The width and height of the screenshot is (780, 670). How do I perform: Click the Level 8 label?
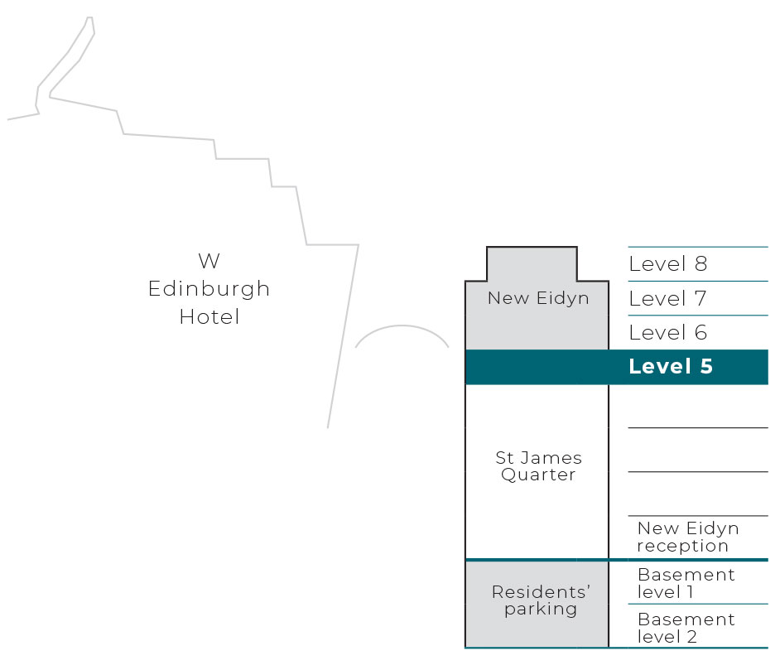click(667, 263)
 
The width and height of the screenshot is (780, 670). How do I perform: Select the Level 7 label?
click(667, 298)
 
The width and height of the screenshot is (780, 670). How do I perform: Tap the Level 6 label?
click(667, 332)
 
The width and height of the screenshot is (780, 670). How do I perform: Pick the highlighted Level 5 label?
click(671, 367)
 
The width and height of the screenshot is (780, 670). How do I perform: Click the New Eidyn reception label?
click(688, 537)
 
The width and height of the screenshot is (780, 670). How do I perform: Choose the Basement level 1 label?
click(686, 583)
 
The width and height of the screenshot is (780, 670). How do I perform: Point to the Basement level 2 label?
click(686, 628)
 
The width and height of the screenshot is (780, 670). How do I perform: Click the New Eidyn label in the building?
click(538, 298)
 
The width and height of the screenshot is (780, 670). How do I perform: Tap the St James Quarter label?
click(538, 466)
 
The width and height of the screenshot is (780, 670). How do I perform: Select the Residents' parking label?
click(541, 600)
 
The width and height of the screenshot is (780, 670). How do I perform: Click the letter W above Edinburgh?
click(209, 261)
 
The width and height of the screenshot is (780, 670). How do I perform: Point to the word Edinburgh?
click(209, 289)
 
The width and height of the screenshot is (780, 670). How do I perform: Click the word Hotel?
click(209, 317)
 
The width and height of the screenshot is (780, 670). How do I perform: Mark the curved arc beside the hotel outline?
click(402, 325)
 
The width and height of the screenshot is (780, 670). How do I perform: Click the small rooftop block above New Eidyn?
click(532, 263)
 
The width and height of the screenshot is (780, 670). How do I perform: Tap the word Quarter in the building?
click(538, 475)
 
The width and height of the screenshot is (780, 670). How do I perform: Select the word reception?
click(682, 546)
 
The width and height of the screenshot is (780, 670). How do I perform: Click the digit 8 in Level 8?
click(701, 263)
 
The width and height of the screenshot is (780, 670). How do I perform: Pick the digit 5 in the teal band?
click(706, 367)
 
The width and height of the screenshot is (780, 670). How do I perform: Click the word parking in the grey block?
click(541, 610)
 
